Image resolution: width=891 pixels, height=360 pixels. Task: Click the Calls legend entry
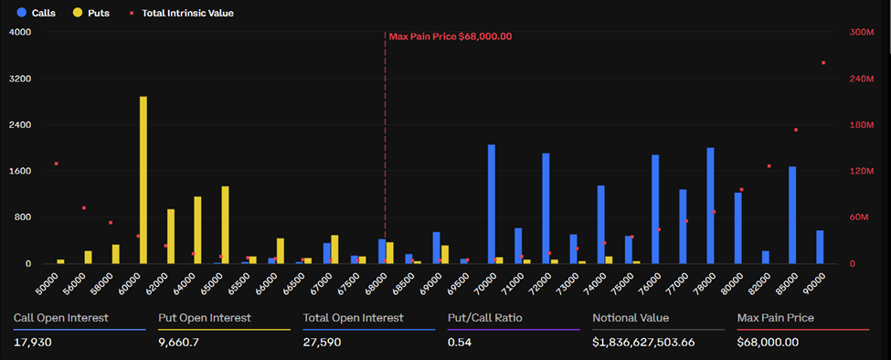click(37, 14)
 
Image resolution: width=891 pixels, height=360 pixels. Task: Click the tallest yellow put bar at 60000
click(143, 180)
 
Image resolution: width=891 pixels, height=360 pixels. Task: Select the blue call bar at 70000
click(492, 204)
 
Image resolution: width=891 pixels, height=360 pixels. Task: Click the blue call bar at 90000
click(820, 247)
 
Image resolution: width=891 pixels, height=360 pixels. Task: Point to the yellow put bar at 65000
click(225, 225)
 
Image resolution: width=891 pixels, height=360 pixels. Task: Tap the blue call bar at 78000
click(710, 206)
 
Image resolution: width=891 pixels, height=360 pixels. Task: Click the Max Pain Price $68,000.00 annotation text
click(451, 37)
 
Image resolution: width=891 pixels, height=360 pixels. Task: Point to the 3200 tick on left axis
click(19, 79)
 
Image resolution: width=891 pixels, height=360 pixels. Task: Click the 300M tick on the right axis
click(861, 32)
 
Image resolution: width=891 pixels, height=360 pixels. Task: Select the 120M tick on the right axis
click(861, 171)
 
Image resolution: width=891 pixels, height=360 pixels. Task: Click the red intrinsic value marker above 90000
click(823, 63)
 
